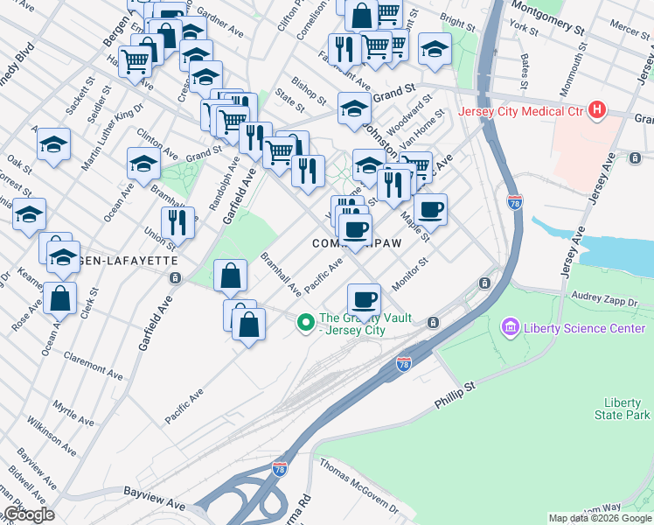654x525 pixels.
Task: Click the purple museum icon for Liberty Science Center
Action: coord(509,327)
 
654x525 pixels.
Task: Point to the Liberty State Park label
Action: coord(622,409)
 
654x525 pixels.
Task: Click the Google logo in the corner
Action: coord(28,514)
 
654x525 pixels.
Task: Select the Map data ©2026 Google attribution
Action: coord(600,518)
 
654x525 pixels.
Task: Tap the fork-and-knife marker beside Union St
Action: coord(178,224)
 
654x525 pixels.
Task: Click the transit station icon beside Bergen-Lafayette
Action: coord(176,278)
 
